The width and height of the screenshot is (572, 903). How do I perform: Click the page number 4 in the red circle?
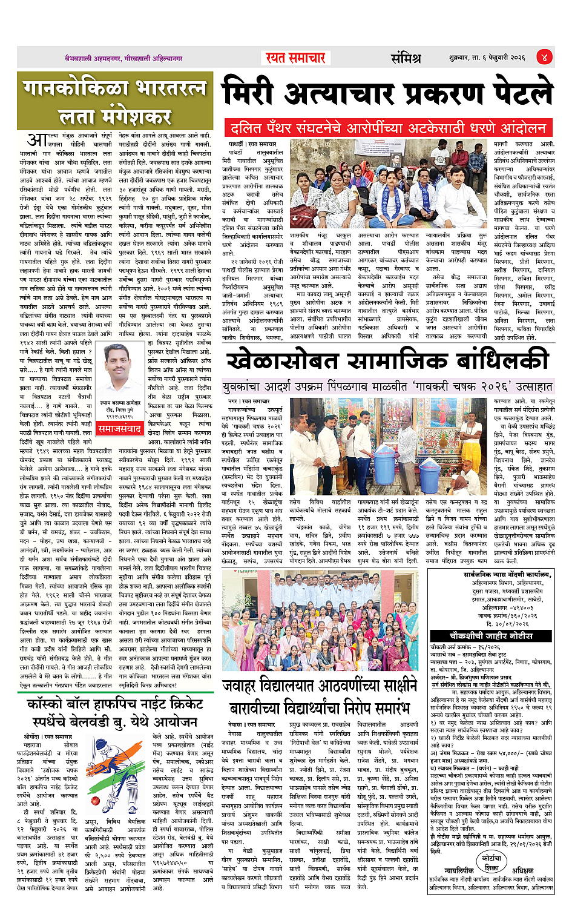[544, 58]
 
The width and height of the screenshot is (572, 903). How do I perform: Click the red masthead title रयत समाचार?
[295, 58]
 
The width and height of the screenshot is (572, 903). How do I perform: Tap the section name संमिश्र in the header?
[405, 58]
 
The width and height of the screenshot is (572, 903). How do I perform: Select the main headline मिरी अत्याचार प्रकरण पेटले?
[387, 94]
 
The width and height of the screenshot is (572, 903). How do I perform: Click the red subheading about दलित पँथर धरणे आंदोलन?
[387, 128]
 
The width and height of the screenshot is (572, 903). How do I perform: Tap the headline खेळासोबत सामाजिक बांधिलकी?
[387, 361]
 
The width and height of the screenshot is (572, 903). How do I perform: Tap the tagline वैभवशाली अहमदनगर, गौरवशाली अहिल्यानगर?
[124, 59]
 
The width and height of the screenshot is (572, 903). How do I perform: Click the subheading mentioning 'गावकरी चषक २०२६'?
[387, 386]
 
